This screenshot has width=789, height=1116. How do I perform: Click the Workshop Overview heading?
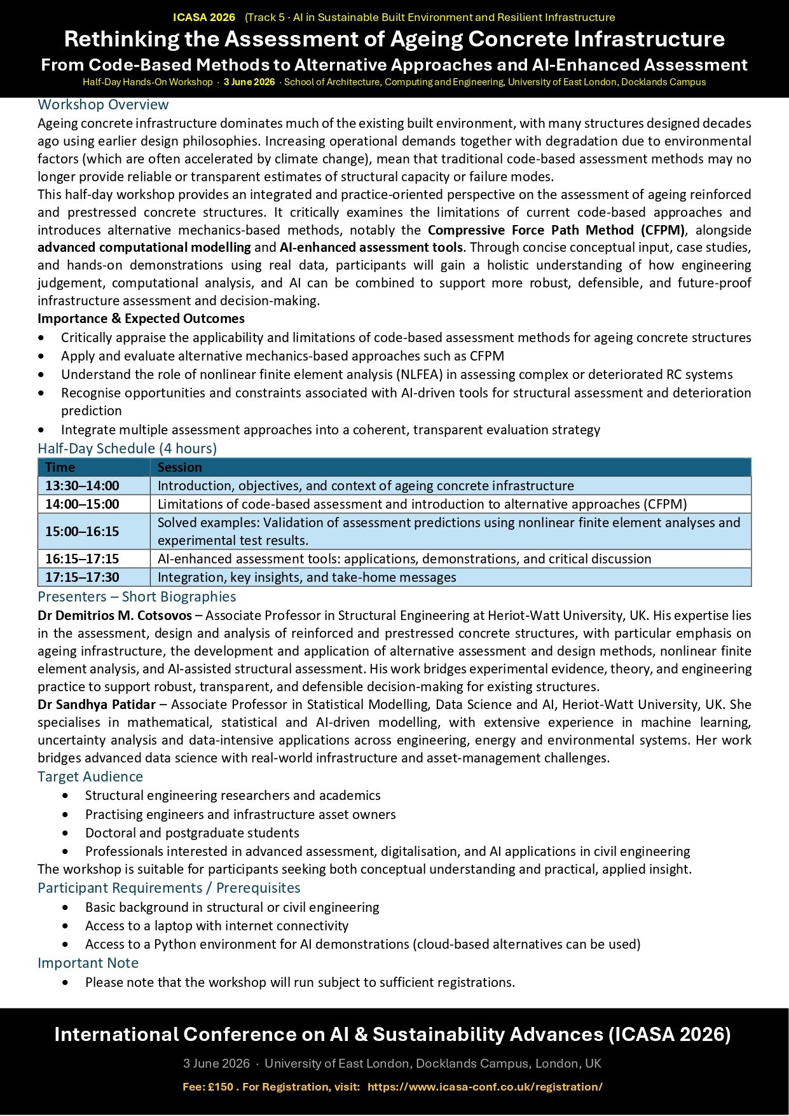tap(103, 105)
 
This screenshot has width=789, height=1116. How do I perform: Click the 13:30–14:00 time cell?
tap(82, 486)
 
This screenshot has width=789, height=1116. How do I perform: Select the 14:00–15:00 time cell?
tap(82, 504)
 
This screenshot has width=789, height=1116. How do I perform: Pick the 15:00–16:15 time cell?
tap(82, 532)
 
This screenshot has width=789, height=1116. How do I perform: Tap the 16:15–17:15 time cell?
tap(82, 559)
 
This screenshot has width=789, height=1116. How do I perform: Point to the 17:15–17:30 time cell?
tap(82, 577)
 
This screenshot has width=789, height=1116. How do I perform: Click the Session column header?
tap(180, 467)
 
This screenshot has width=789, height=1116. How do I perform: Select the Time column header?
tap(60, 467)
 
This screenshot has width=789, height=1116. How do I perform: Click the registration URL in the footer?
tap(484, 1087)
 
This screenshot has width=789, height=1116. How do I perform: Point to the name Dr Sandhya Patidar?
tap(97, 705)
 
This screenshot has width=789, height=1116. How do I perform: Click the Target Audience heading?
tap(90, 777)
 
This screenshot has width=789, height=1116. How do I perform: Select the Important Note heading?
tap(88, 963)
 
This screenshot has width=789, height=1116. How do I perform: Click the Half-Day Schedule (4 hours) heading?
tap(127, 449)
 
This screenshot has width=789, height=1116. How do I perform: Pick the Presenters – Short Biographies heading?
tap(137, 597)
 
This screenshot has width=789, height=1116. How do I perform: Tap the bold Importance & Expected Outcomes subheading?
tap(141, 319)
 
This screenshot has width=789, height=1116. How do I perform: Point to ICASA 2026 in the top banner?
tap(204, 17)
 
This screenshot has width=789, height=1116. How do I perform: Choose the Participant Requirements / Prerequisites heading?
tap(169, 888)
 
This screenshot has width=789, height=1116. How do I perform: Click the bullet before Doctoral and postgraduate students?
tap(65, 833)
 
